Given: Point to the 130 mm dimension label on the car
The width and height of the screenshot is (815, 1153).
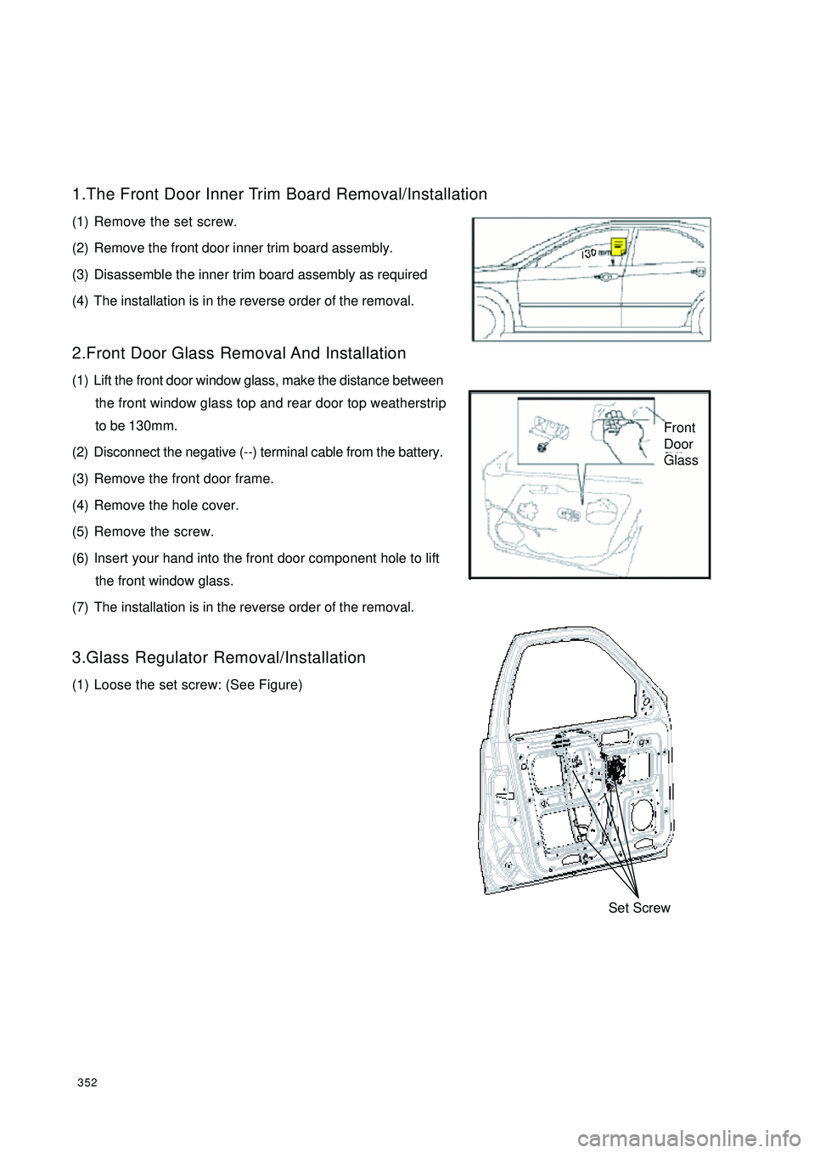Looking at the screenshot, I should point(595,252).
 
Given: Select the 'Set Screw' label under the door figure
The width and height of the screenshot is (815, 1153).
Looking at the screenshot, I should point(639,908).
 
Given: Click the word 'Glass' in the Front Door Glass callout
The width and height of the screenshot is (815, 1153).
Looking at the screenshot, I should point(681,460).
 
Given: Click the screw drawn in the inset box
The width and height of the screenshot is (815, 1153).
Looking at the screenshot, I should point(539,442).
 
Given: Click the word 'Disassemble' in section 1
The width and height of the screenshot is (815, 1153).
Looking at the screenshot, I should point(130,275).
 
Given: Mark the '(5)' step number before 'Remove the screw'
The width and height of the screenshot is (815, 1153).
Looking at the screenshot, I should point(81,532).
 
